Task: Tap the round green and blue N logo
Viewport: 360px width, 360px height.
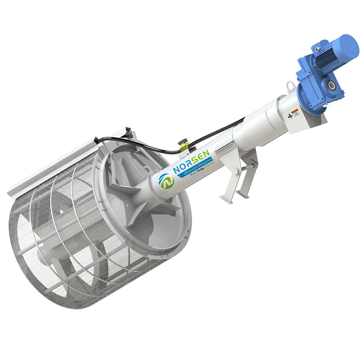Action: click(166, 180)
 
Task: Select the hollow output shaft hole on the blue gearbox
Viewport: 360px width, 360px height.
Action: click(332, 84)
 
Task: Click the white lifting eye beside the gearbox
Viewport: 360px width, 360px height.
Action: click(291, 84)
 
